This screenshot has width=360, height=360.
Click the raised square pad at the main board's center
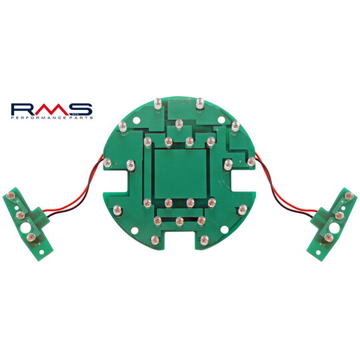tap(179, 173)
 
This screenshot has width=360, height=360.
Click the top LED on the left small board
tap(11, 195)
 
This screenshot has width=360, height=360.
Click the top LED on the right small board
tap(347, 195)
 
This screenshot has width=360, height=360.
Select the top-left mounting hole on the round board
tap(137, 123)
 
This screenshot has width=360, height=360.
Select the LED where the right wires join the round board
tap(251, 161)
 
